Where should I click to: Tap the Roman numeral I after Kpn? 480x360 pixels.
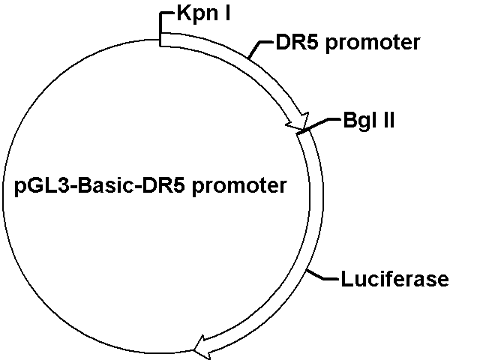pyautogui.click(x=226, y=13)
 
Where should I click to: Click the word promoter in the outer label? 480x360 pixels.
pyautogui.click(x=373, y=43)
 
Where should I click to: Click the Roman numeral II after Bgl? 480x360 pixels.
pyautogui.click(x=388, y=120)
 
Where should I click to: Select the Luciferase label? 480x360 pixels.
pyautogui.click(x=395, y=279)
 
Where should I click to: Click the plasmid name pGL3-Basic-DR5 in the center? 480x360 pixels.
pyautogui.click(x=100, y=186)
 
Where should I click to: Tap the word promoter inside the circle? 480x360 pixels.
pyautogui.click(x=239, y=187)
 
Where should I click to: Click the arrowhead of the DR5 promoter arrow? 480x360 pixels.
pyautogui.click(x=299, y=121)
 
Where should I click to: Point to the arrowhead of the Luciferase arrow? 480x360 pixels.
pyautogui.click(x=202, y=348)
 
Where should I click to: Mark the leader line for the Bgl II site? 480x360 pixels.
pyautogui.click(x=318, y=125)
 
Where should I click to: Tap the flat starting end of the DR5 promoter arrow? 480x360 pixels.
pyautogui.click(x=160, y=40)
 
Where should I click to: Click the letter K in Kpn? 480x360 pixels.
pyautogui.click(x=184, y=13)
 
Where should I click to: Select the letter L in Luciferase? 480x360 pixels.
pyautogui.click(x=346, y=279)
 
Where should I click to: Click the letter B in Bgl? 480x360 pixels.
pyautogui.click(x=349, y=120)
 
